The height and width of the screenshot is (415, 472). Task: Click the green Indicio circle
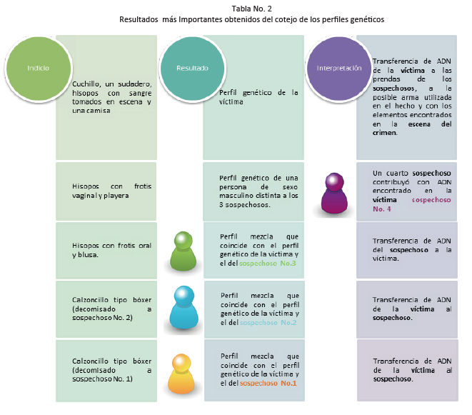click(39, 69)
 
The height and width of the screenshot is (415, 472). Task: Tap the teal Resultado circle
click(192, 69)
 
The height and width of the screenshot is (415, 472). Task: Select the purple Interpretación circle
click(339, 69)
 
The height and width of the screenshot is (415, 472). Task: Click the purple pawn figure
click(334, 193)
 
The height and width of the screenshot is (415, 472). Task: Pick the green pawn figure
click(183, 251)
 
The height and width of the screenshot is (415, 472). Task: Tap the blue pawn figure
click(184, 307)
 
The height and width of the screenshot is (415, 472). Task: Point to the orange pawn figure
click(181, 374)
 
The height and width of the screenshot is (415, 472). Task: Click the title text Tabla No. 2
click(251, 9)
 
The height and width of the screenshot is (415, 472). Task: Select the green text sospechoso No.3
click(268, 264)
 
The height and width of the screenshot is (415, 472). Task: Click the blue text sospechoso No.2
click(268, 323)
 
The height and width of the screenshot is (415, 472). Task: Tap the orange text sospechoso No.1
click(268, 383)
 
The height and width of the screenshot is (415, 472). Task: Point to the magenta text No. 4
click(382, 209)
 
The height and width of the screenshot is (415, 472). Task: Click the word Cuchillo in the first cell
click(86, 84)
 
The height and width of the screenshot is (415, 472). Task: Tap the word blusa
click(88, 255)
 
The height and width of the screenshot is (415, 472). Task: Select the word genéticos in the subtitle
click(366, 19)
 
